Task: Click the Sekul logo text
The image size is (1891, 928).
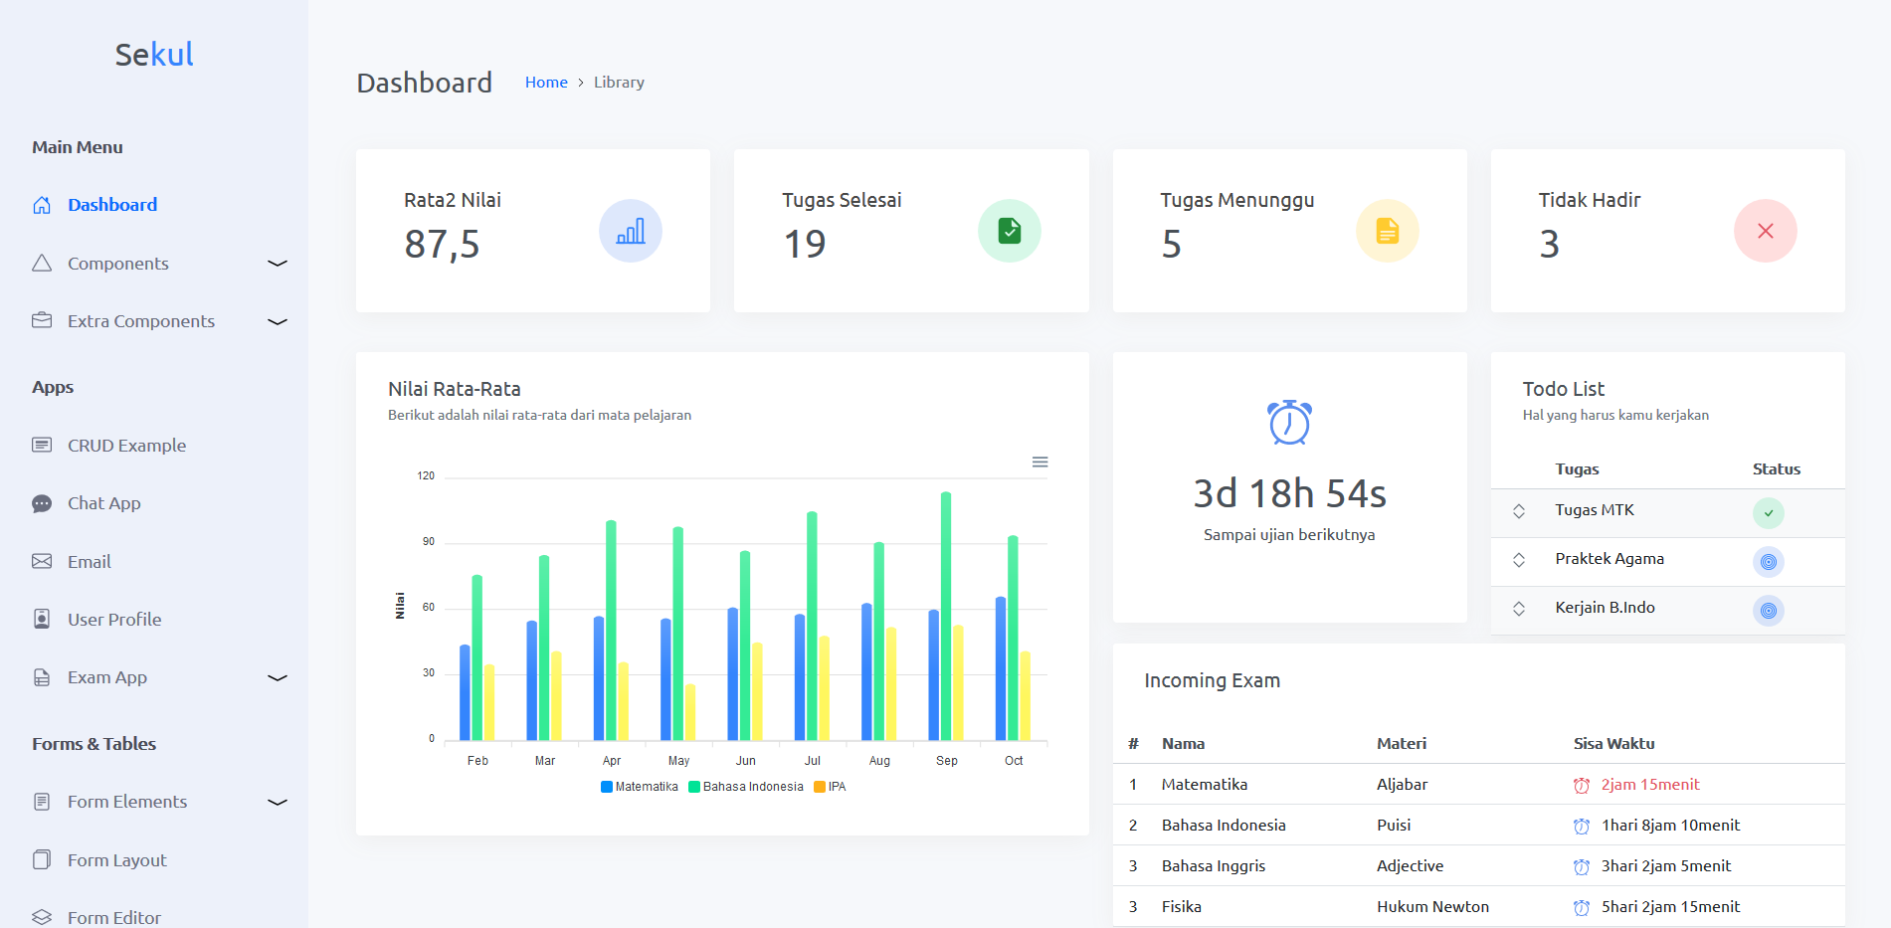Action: click(154, 54)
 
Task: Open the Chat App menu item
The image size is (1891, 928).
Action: click(103, 503)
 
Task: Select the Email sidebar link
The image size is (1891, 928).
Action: click(89, 562)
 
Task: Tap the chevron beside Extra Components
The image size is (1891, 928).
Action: click(278, 321)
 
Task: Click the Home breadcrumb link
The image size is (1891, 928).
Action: click(546, 83)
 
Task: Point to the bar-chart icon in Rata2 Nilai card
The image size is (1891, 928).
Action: click(631, 231)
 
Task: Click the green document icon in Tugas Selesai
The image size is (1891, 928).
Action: click(1010, 231)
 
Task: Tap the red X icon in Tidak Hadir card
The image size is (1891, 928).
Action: click(1766, 231)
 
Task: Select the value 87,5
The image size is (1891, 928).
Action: click(442, 244)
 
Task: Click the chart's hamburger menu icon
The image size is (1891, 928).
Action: click(1040, 462)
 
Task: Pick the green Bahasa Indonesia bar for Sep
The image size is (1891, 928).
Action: click(946, 616)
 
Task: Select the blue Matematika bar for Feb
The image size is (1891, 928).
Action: click(465, 692)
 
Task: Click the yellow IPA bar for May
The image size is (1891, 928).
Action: click(690, 712)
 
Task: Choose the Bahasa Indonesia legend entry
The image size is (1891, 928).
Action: click(746, 787)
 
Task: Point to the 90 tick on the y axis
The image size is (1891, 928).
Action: click(429, 542)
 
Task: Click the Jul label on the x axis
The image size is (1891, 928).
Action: click(813, 761)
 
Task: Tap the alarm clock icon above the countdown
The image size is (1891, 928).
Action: click(1289, 422)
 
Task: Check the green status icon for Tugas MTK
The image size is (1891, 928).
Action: click(1769, 513)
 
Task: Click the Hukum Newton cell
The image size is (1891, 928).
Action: click(1432, 907)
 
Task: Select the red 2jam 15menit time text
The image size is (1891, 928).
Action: click(1650, 785)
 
